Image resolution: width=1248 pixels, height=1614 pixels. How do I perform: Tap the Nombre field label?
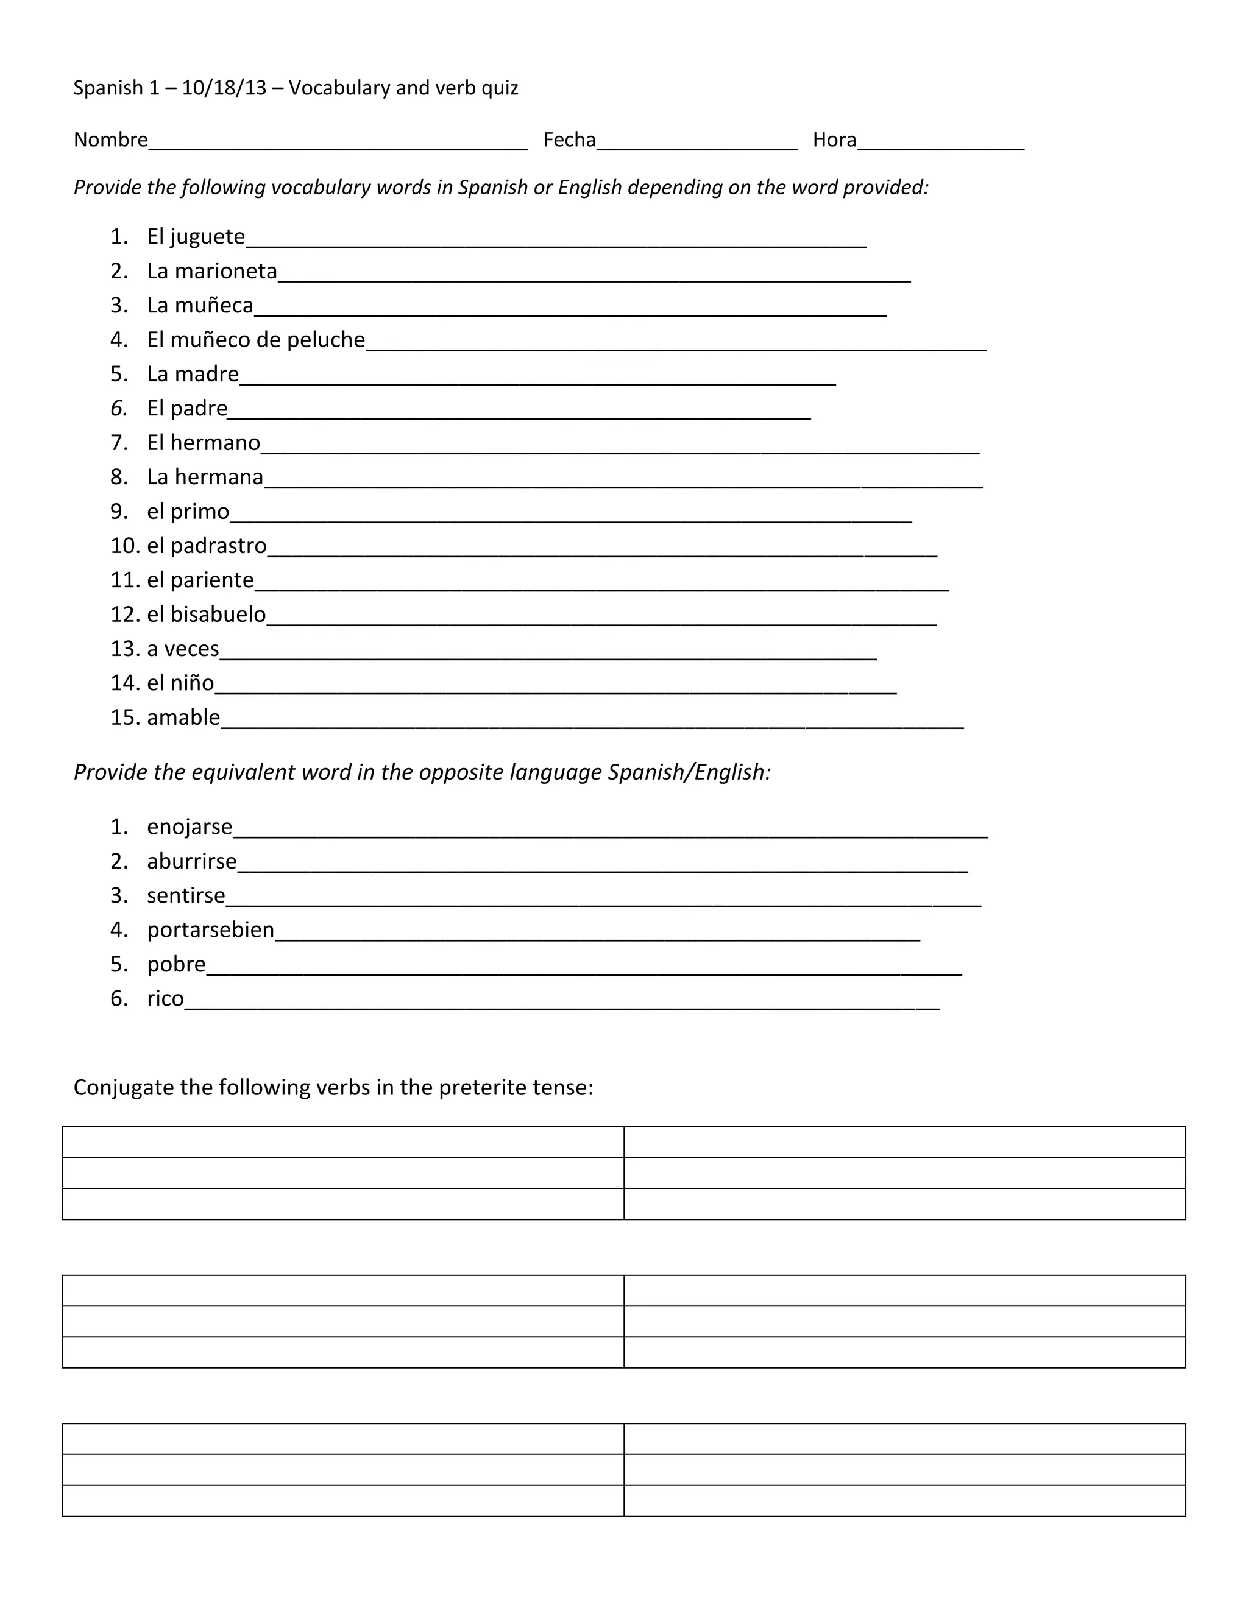point(110,139)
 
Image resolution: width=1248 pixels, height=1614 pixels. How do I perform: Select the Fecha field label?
point(569,139)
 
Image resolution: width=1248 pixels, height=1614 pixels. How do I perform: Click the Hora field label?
point(834,139)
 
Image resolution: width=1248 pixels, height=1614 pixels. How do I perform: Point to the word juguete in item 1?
point(207,236)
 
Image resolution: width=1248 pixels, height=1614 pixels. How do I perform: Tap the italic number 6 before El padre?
point(118,409)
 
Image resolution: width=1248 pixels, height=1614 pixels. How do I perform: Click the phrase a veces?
point(183,649)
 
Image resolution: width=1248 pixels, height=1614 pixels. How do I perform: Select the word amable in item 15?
point(183,717)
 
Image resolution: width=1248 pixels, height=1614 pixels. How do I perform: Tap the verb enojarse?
point(190,827)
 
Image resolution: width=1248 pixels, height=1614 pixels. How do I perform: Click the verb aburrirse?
point(191,862)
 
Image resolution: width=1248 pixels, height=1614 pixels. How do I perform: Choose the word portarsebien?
point(210,929)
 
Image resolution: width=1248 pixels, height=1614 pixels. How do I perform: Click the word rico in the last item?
point(165,999)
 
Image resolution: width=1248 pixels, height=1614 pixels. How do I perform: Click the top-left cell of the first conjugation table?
point(342,1143)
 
